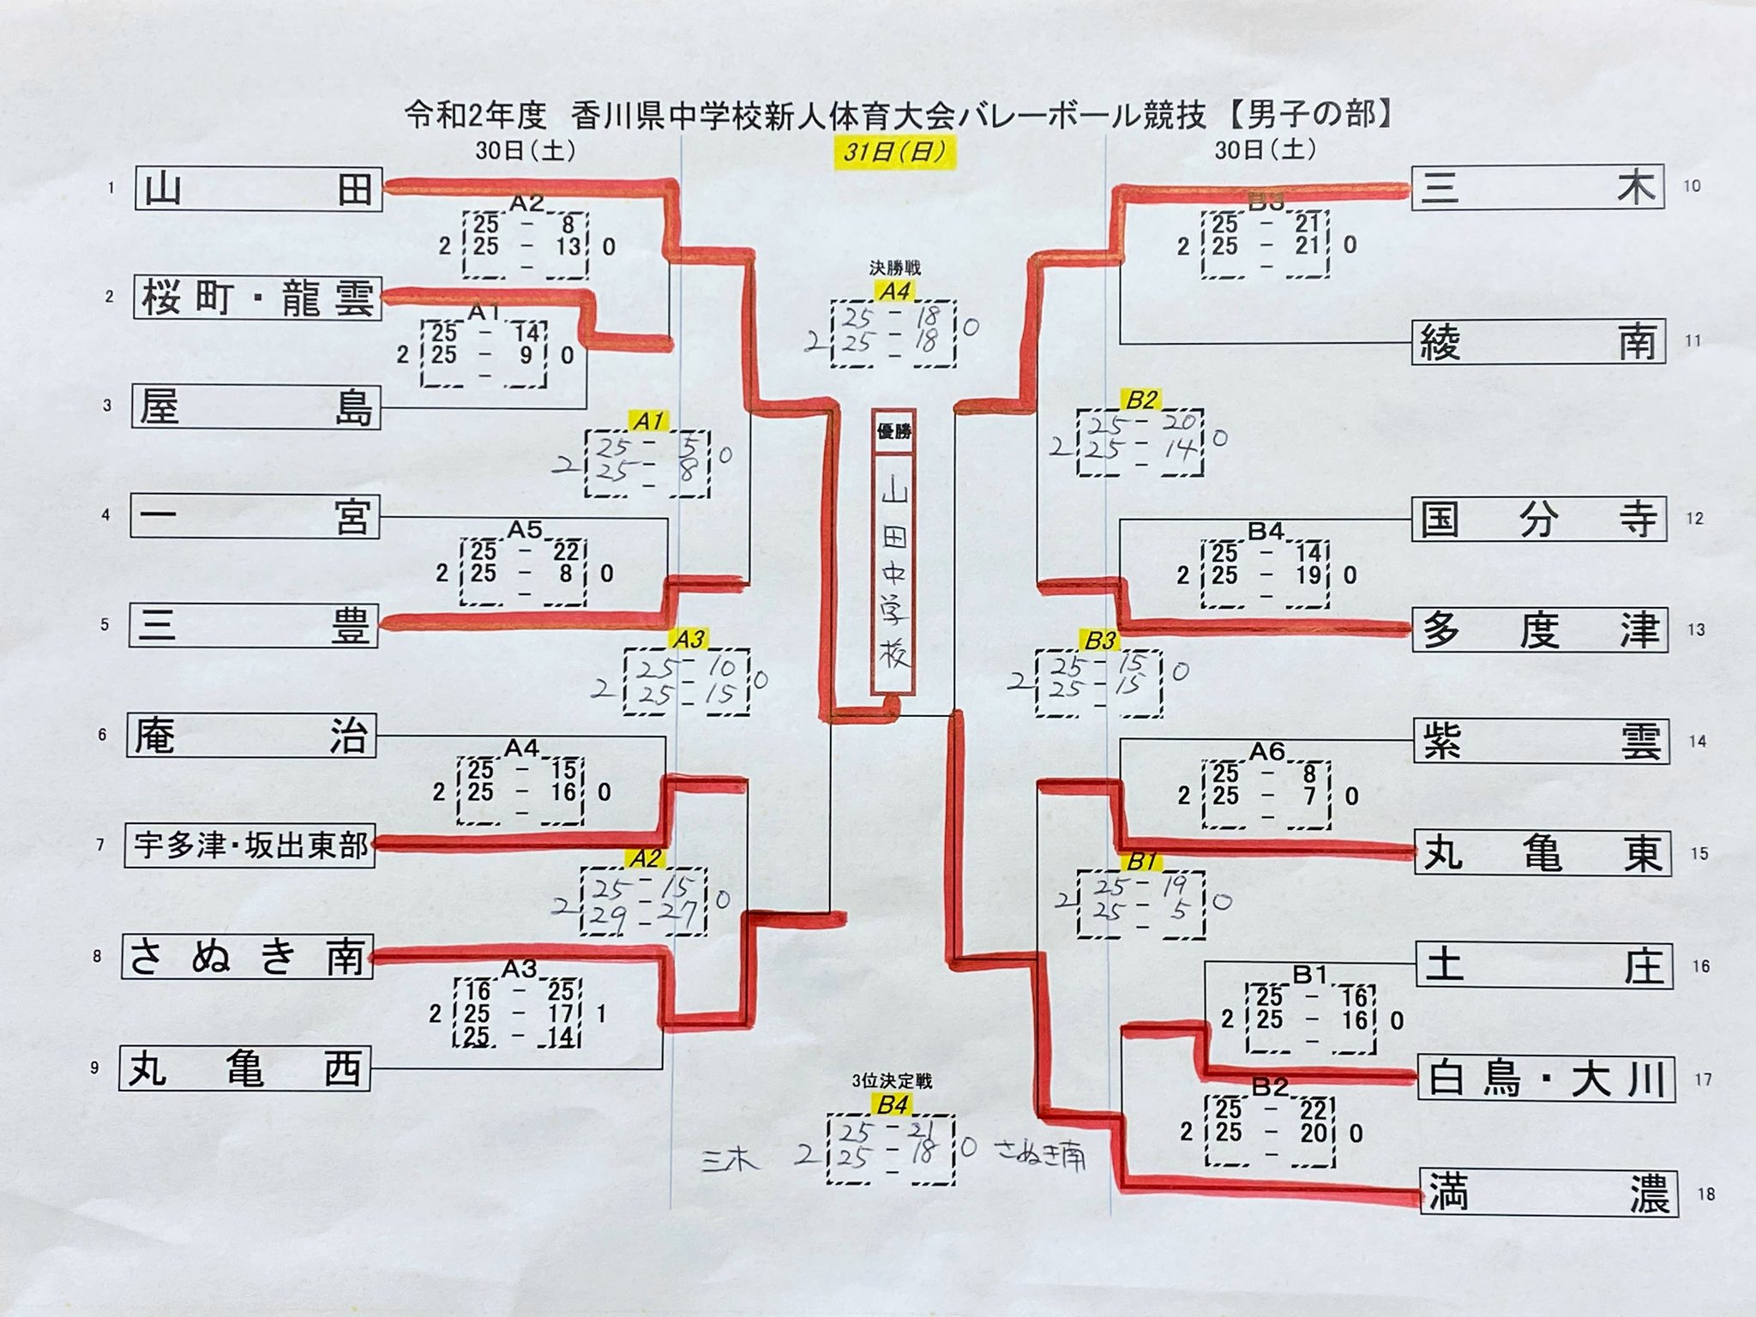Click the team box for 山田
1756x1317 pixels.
[x=258, y=189]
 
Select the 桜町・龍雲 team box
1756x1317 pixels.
[x=257, y=298]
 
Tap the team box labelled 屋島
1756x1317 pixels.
[x=256, y=406]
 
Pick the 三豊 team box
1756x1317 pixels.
[x=254, y=625]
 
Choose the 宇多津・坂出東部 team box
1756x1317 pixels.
[x=250, y=845]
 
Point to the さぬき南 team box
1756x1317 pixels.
[x=247, y=956]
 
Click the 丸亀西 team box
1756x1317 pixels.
[x=245, y=1068]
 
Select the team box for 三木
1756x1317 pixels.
[x=1537, y=187]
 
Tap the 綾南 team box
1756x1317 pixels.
[x=1538, y=342]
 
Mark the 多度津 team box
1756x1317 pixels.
[x=1540, y=630]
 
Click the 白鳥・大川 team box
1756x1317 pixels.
[x=1545, y=1079]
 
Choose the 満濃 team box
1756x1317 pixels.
[x=1548, y=1193]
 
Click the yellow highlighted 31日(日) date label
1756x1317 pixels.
[x=894, y=153]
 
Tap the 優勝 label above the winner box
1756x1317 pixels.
[x=893, y=431]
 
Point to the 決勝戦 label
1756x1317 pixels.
[x=894, y=268]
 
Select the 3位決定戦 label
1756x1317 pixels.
[x=892, y=1081]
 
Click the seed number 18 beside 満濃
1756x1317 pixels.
[x=1705, y=1194]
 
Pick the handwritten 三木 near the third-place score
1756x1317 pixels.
[x=730, y=1160]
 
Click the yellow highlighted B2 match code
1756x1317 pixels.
[x=1141, y=400]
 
